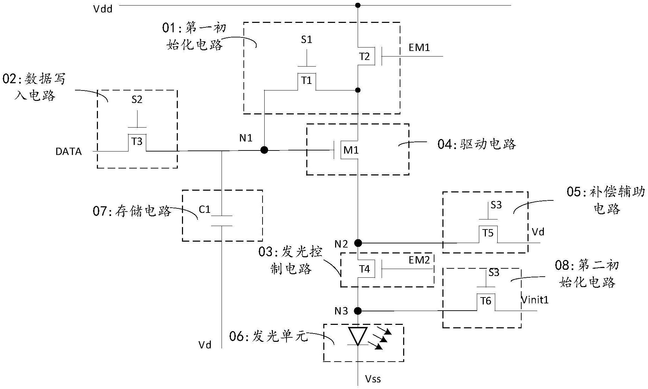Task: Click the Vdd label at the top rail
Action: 103,9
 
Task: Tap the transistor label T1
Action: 307,81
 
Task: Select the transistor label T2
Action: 364,57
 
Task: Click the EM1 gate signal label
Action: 419,47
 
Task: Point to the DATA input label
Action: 69,152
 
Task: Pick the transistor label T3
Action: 137,141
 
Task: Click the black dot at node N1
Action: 264,150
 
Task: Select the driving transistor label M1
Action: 351,150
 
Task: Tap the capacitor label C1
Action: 205,209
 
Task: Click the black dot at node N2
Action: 358,243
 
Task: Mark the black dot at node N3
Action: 358,311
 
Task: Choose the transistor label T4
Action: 365,269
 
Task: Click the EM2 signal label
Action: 419,260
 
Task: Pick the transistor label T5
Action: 488,233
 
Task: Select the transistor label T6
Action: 485,301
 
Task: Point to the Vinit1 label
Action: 535,300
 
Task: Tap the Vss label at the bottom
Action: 373,379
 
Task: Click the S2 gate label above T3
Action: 137,100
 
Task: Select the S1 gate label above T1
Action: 306,40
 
